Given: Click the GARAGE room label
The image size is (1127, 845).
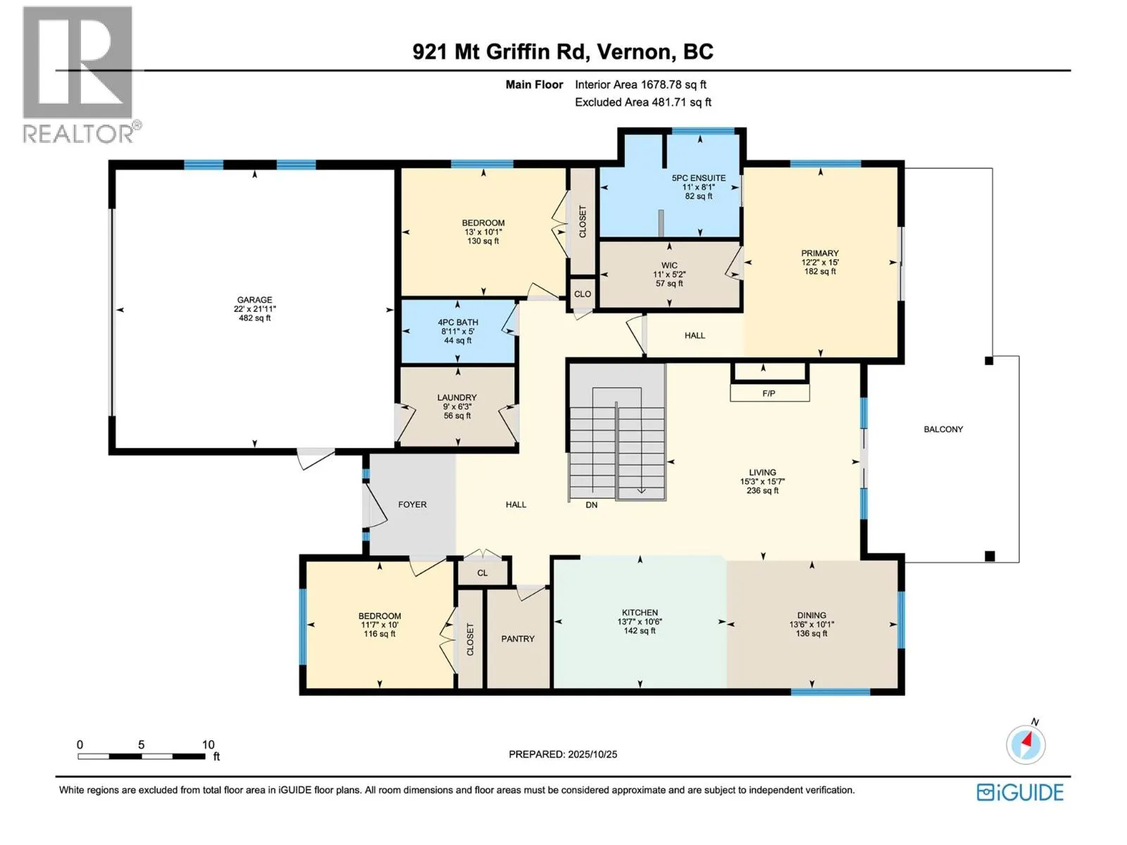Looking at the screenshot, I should tap(254, 300).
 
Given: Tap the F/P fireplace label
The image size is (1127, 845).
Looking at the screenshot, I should tap(768, 394).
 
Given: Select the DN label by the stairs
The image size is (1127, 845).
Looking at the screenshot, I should tap(592, 505).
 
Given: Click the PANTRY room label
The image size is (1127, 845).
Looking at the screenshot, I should tap(518, 639).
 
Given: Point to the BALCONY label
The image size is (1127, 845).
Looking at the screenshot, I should tap(943, 429).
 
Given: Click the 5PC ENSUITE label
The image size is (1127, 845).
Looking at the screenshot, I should tap(698, 178).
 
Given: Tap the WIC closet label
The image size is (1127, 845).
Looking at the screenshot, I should tap(669, 265).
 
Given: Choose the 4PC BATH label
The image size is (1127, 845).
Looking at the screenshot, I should tap(458, 323).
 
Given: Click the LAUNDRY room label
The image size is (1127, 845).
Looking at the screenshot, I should tap(456, 398).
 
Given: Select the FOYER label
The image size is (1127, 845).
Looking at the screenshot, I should tap(412, 505).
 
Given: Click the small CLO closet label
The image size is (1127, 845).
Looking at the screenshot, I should tap(583, 294).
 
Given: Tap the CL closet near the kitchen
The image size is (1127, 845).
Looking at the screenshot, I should tap(482, 573).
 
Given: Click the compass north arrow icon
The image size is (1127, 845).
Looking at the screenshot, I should tap(1026, 744).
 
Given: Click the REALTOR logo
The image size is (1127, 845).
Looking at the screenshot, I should tap(79, 74).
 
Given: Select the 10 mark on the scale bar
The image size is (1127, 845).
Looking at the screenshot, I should tap(208, 744).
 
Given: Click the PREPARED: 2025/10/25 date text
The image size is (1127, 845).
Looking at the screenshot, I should tap(563, 754).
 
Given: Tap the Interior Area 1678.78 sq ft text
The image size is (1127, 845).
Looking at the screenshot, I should tap(640, 84).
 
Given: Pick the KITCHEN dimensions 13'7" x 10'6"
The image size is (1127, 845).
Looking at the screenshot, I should tap(640, 622).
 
